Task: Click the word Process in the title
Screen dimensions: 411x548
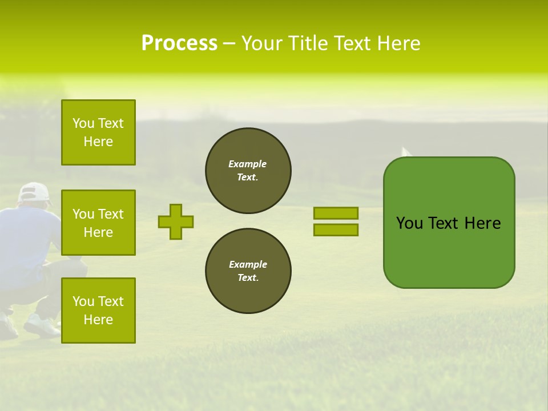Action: [x=179, y=43]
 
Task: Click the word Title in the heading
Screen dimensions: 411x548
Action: [x=309, y=43]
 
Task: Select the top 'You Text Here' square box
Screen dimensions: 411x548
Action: [x=98, y=132]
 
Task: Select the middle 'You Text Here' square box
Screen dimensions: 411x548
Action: [x=98, y=223]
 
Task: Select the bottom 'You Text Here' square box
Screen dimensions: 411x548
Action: [x=98, y=311]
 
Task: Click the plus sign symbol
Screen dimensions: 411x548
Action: [x=176, y=221]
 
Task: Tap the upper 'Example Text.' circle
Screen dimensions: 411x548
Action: [x=248, y=171]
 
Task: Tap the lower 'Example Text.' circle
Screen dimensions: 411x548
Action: [x=248, y=271]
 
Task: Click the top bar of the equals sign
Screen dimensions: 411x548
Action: [x=336, y=213]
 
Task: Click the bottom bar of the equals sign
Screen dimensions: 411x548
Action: [x=336, y=229]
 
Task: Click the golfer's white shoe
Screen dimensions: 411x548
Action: [x=41, y=326]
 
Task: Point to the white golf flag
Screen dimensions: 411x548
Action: [x=406, y=152]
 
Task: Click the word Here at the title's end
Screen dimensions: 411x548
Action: [x=398, y=43]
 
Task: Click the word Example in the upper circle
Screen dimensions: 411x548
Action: [x=248, y=164]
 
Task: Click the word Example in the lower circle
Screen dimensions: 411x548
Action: [x=248, y=265]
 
